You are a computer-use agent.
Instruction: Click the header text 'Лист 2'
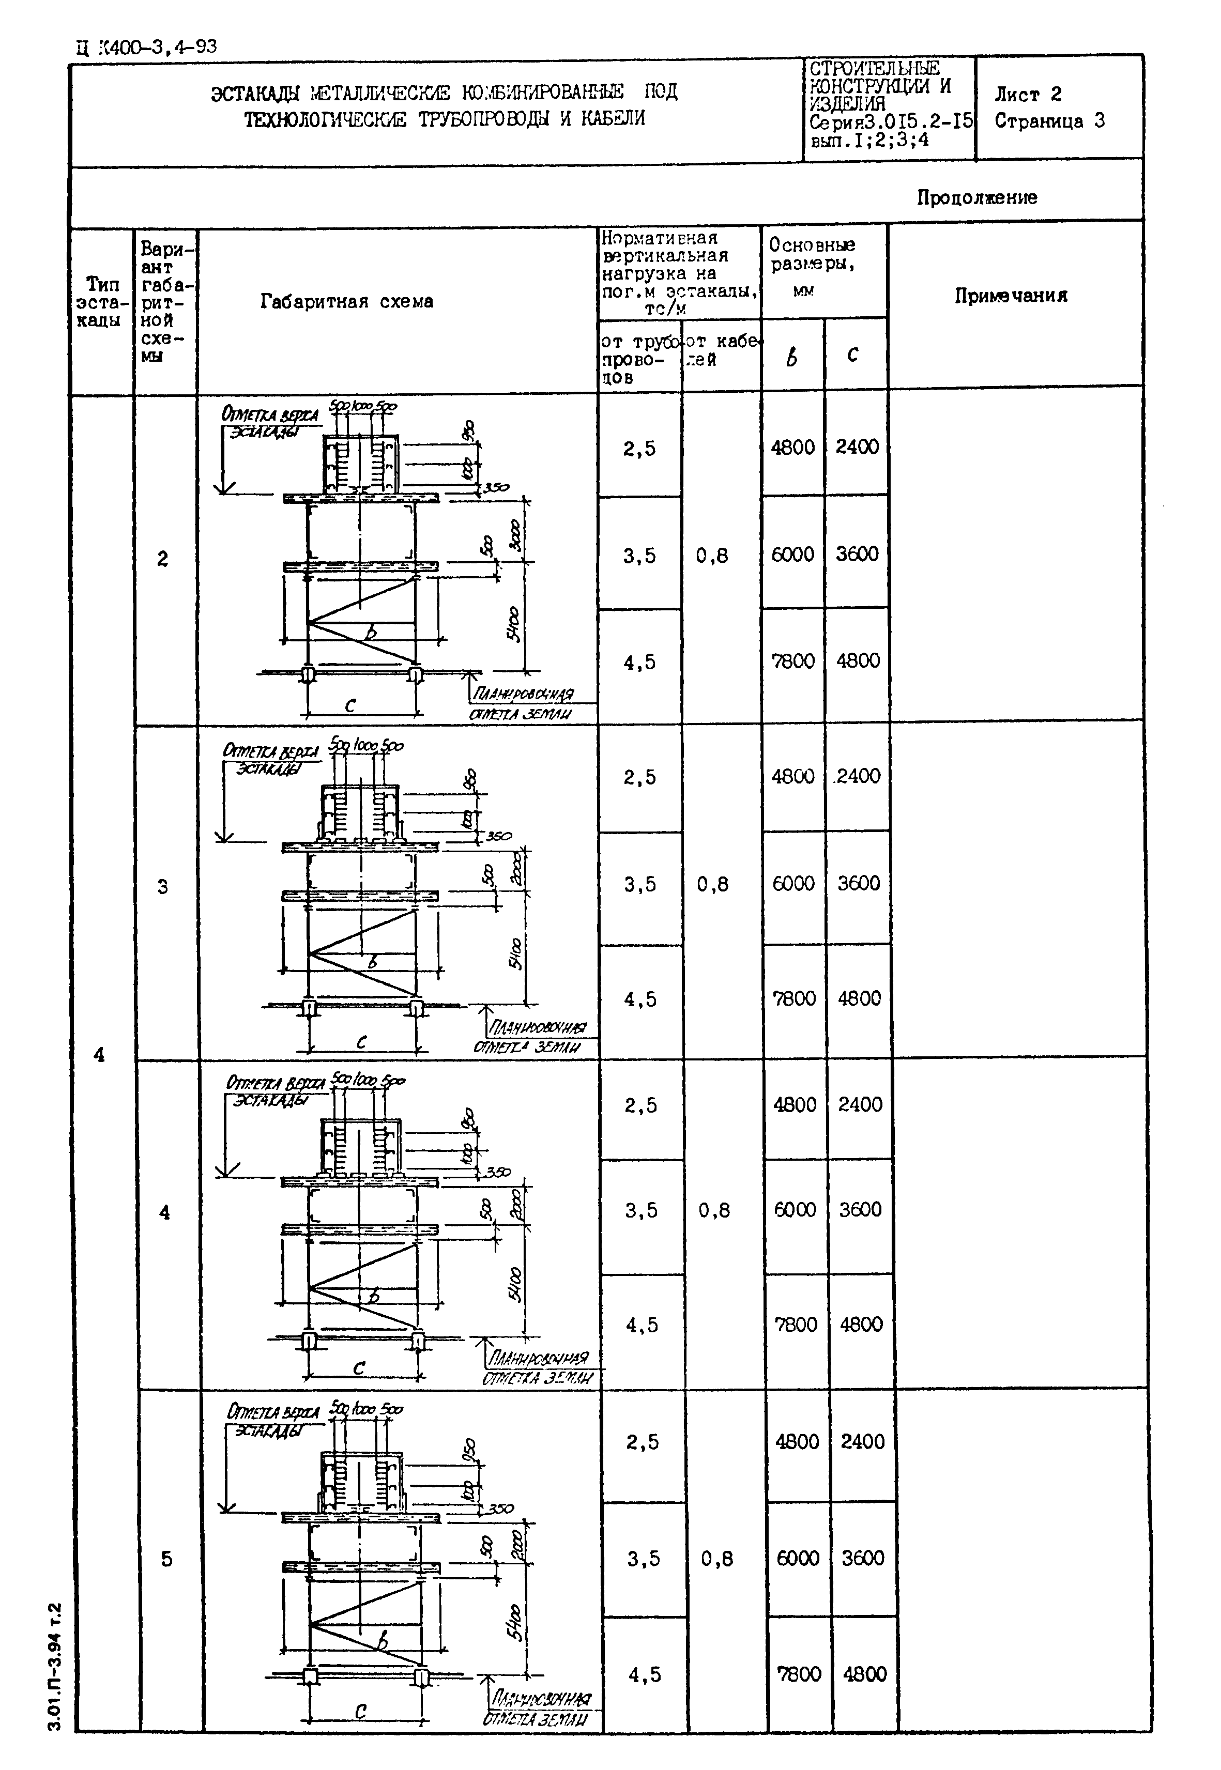pos(1028,95)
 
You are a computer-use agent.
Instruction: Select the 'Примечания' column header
pos(1010,296)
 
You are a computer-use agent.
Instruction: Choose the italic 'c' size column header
pos(853,353)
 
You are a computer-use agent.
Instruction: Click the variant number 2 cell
pos(163,559)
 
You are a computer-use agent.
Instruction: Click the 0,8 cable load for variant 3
pos(712,885)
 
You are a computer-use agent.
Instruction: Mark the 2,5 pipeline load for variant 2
pos(639,449)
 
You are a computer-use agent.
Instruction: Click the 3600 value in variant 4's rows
pos(861,1210)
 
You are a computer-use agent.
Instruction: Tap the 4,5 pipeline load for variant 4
pos(642,1326)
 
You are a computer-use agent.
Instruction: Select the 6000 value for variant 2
pos(792,555)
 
